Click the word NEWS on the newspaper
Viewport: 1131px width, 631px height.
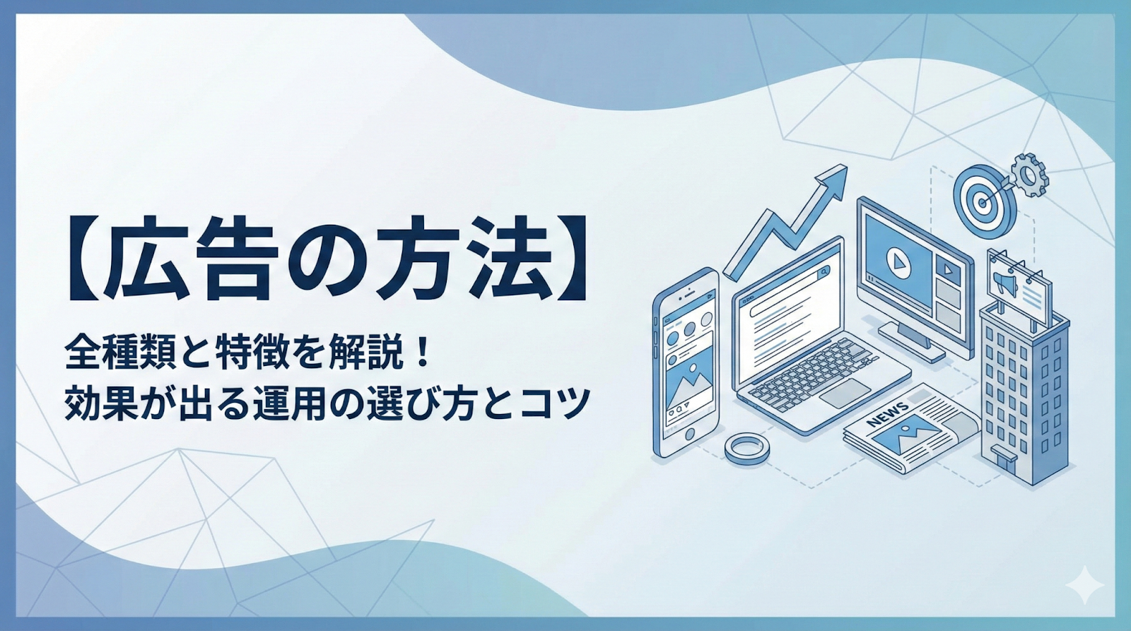(888, 414)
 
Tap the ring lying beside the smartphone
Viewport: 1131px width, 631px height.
(745, 447)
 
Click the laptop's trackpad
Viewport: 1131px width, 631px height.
(845, 392)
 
